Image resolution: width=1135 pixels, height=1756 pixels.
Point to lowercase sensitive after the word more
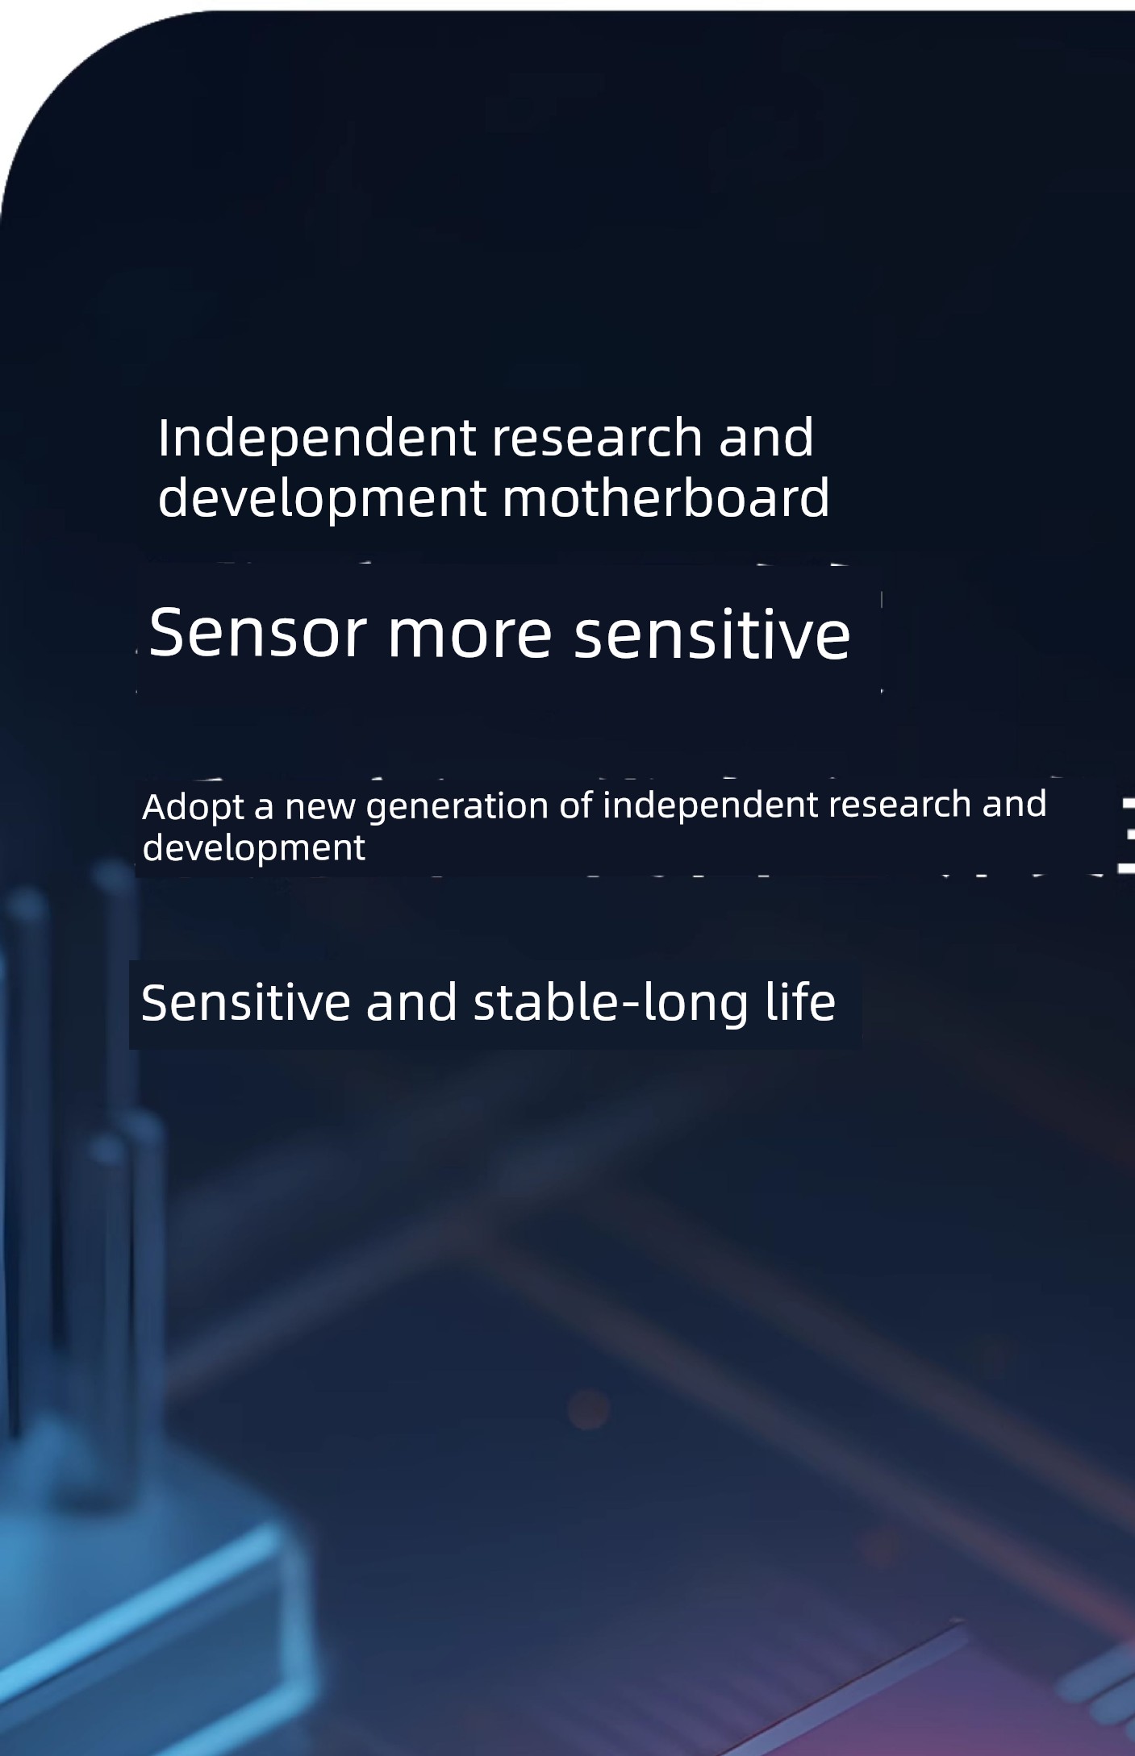711,634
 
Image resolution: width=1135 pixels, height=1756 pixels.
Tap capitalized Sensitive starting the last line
246,1003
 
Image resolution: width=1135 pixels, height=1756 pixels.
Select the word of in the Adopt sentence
576,806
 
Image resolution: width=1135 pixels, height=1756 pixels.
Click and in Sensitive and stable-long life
411,1003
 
